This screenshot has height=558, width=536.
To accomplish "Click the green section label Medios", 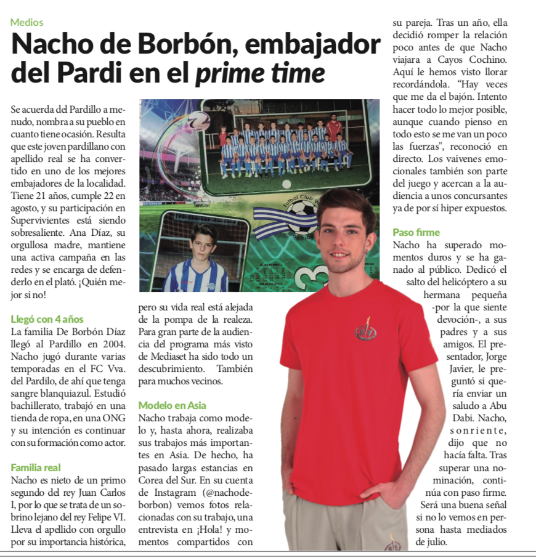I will coord(27,22).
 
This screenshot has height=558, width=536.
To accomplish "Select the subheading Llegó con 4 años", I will coord(47,319).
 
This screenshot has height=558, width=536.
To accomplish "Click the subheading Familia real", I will coord(36,467).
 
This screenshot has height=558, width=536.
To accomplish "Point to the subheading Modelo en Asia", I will coord(173,405).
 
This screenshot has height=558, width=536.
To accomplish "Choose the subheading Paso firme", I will coord(416,232).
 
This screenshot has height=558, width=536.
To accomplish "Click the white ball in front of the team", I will coord(286,184).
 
